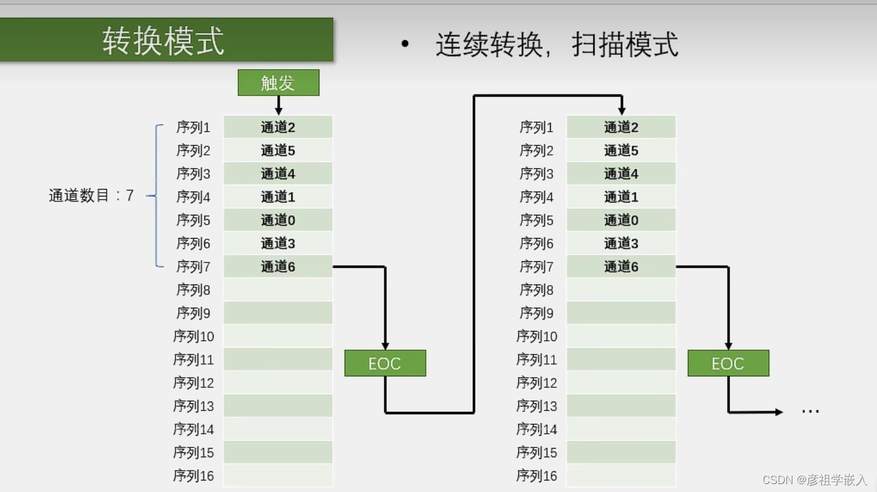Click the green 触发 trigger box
pos(278,83)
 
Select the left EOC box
pos(385,363)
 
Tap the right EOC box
pos(728,363)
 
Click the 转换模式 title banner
pos(165,40)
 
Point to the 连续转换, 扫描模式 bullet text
pos(556,45)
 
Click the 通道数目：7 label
pos(91,196)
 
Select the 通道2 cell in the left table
pos(278,127)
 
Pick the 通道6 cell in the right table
pos(621,267)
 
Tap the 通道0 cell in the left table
pos(278,220)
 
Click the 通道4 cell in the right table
pos(621,174)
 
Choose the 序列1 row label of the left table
pos(193,127)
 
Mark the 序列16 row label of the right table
pos(537,475)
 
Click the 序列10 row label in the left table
pos(193,336)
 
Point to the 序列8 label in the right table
pos(537,289)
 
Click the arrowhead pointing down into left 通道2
pos(278,111)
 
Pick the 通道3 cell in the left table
pos(278,244)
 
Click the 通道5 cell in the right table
pos(621,151)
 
